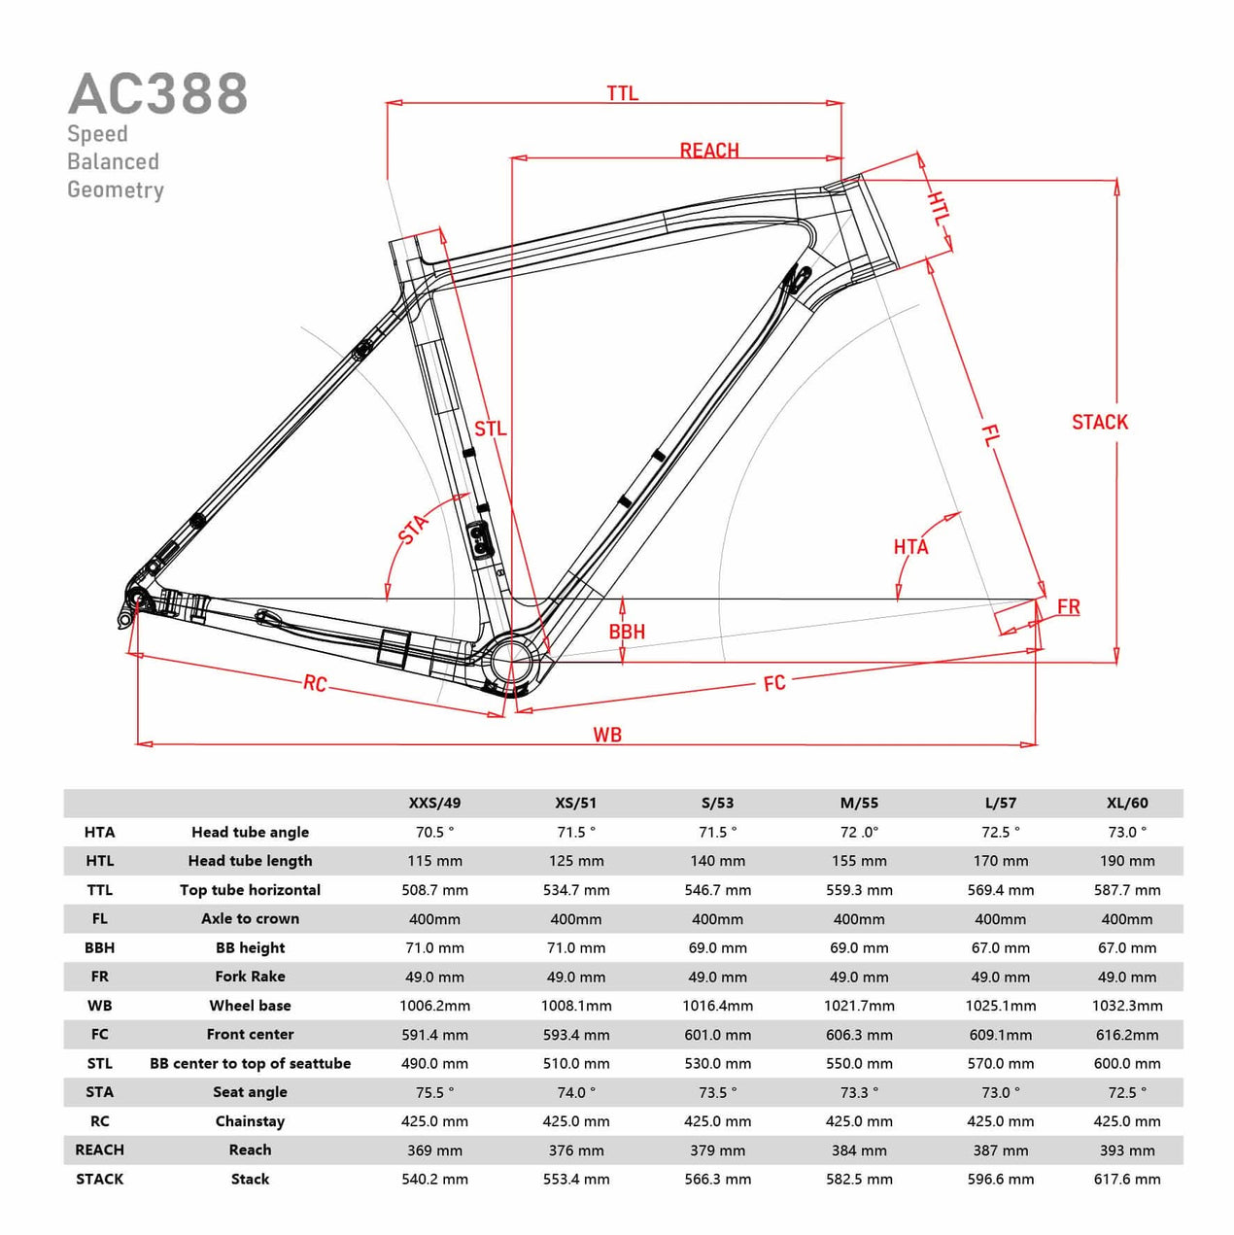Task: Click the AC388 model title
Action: pyautogui.click(x=157, y=94)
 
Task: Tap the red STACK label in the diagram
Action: pyautogui.click(x=1099, y=422)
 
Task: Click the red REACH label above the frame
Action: pyautogui.click(x=708, y=151)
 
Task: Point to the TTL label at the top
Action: pyautogui.click(x=622, y=93)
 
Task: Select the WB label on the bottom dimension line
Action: pyautogui.click(x=607, y=736)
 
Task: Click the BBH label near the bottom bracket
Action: pyautogui.click(x=627, y=632)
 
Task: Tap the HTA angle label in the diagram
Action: pyautogui.click(x=910, y=547)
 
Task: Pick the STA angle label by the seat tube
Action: pyautogui.click(x=413, y=530)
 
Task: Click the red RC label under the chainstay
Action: pyautogui.click(x=315, y=683)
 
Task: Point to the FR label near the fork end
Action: pyautogui.click(x=1068, y=606)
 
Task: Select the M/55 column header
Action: pyautogui.click(x=859, y=803)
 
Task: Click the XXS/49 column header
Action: pyautogui.click(x=434, y=803)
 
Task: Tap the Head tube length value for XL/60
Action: pyautogui.click(x=1127, y=861)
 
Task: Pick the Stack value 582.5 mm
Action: pyautogui.click(x=859, y=1179)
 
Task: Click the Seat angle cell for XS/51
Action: pyautogui.click(x=576, y=1092)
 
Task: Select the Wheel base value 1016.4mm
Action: pyautogui.click(x=717, y=1006)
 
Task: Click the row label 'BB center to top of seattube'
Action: pyautogui.click(x=250, y=1063)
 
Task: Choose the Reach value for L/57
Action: pyautogui.click(x=1001, y=1149)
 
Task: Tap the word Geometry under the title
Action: pyautogui.click(x=116, y=189)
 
